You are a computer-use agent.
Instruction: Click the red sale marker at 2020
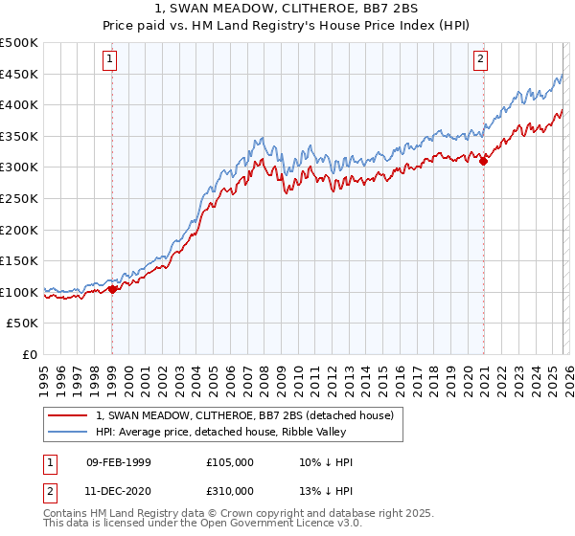(x=483, y=162)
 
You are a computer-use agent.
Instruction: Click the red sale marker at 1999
(x=112, y=289)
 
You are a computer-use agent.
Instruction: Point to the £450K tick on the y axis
(x=19, y=75)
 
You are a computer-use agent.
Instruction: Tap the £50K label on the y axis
(x=23, y=324)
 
